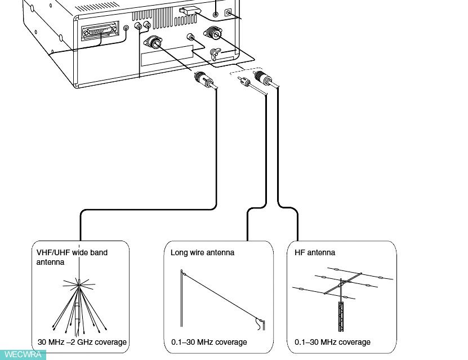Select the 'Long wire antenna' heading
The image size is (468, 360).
tap(202, 252)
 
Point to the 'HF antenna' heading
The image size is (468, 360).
tap(315, 252)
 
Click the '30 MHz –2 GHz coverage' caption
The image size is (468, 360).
tap(82, 342)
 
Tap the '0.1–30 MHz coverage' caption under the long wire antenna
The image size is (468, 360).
tap(209, 342)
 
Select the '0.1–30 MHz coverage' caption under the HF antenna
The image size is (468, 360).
tap(333, 342)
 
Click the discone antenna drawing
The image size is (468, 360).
tap(79, 304)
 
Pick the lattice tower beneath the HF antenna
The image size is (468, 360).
tap(341, 318)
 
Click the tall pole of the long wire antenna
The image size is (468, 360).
tap(181, 299)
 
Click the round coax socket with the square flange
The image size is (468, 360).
tap(154, 42)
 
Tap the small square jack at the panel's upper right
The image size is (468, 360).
tap(228, 12)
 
